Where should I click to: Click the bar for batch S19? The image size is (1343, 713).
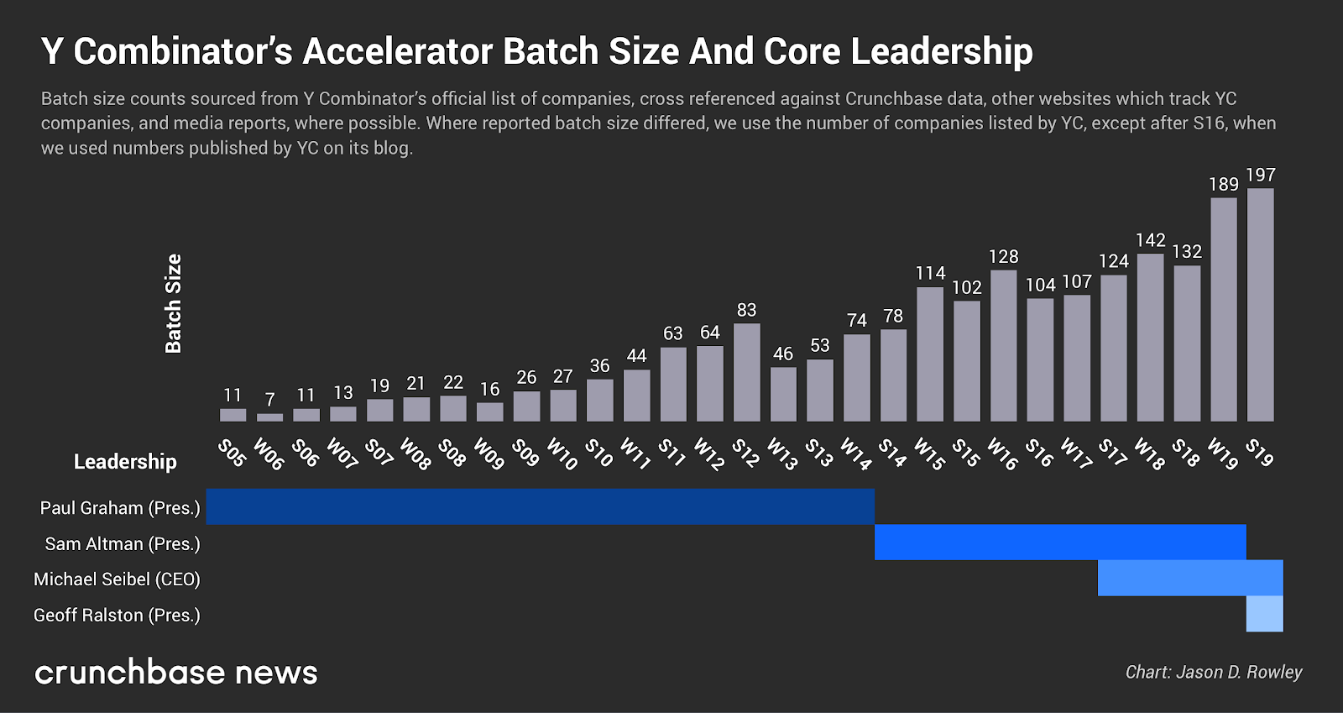(x=1260, y=305)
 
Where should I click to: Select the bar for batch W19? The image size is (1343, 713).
(x=1223, y=310)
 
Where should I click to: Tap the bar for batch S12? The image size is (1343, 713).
(x=746, y=372)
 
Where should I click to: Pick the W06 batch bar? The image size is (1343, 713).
(x=269, y=417)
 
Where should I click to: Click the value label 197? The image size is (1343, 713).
(x=1260, y=175)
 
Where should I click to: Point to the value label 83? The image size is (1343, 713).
(x=746, y=310)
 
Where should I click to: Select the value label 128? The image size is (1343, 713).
(x=1003, y=256)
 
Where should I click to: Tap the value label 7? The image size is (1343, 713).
(x=269, y=399)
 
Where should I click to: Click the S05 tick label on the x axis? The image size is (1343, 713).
(x=232, y=453)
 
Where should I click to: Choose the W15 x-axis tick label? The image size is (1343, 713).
(x=929, y=453)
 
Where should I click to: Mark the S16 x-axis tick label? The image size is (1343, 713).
(x=1039, y=453)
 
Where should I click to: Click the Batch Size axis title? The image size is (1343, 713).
(x=174, y=303)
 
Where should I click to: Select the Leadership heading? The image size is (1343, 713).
(x=125, y=461)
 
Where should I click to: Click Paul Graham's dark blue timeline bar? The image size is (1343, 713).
(x=540, y=506)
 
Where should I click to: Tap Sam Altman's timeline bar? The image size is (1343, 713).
(x=1060, y=543)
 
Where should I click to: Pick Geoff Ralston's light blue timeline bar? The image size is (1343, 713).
(x=1264, y=614)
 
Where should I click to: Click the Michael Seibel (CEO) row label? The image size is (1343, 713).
(x=117, y=579)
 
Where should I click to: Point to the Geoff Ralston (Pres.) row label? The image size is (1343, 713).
(x=117, y=615)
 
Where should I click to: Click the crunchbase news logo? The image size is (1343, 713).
(x=176, y=672)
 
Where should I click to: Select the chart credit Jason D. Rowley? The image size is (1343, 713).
(x=1213, y=672)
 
